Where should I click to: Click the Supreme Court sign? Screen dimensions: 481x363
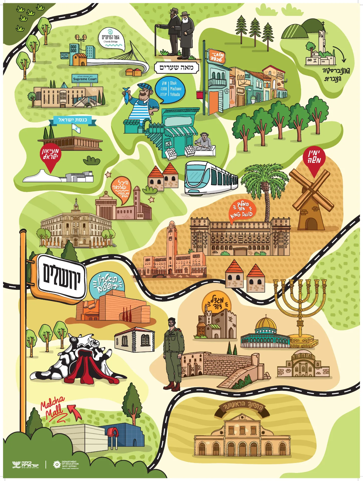pos(85,79)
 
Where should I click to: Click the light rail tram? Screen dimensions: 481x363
pos(210,178)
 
